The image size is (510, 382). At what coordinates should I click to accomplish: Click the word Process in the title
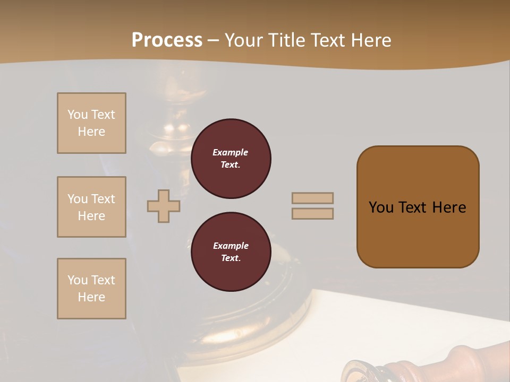[x=167, y=40]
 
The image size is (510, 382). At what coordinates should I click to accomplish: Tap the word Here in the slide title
[x=370, y=40]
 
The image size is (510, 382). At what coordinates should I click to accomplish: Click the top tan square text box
[x=91, y=123]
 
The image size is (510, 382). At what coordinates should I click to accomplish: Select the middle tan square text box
[x=91, y=207]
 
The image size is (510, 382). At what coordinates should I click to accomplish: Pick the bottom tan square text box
[x=91, y=289]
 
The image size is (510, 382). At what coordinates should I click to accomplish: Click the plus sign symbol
[x=164, y=206]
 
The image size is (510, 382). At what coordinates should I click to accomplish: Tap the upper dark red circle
[x=231, y=159]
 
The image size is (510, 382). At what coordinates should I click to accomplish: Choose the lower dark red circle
[x=231, y=252]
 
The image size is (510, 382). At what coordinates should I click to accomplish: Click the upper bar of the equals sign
[x=312, y=198]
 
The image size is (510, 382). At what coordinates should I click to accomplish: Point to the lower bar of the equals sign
[x=312, y=213]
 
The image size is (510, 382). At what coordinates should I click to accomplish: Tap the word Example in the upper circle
[x=231, y=152]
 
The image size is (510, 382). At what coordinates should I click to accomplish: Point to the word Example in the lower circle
[x=231, y=246]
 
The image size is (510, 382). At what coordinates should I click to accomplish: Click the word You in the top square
[x=78, y=115]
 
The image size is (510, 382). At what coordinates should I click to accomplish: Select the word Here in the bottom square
[x=91, y=297]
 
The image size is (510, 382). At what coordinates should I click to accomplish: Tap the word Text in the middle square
[x=102, y=199]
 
